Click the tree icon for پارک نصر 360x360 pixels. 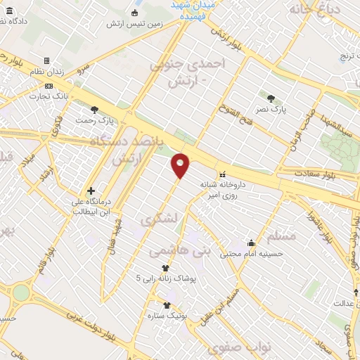click(271, 98)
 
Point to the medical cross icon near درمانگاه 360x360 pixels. click(90, 191)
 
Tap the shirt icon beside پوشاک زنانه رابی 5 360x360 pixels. click(166, 268)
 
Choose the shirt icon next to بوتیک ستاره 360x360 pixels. click(166, 305)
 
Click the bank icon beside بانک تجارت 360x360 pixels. click(48, 85)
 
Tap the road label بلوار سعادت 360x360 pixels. click(312, 173)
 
